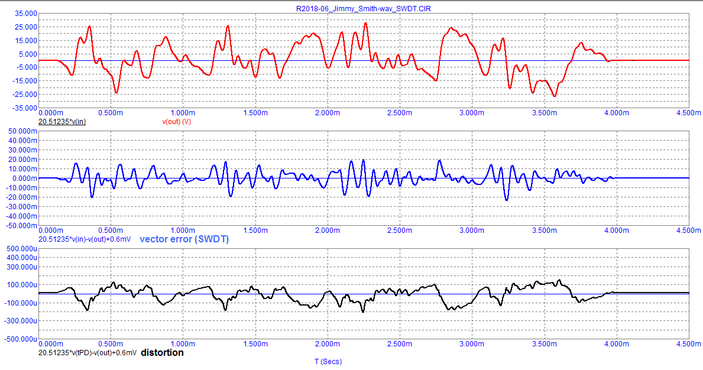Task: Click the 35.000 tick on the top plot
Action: point(23,13)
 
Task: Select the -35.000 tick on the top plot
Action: point(22,108)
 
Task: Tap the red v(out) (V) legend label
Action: point(184,122)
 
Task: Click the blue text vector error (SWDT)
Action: point(184,239)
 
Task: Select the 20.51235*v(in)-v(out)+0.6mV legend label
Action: point(88,239)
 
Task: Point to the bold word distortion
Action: point(162,353)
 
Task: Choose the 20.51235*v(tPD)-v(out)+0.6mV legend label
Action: point(88,353)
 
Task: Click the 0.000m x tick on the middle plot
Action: point(51,230)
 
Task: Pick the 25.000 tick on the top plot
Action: point(23,27)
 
